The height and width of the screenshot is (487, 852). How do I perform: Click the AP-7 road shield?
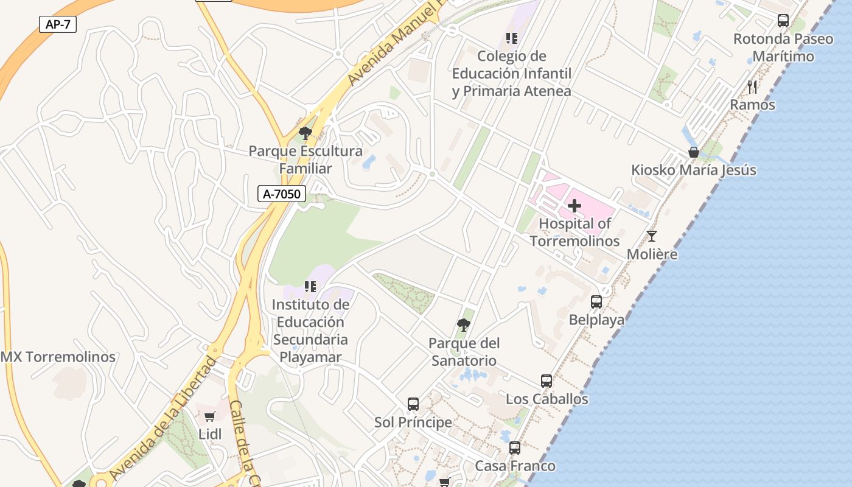pyautogui.click(x=58, y=25)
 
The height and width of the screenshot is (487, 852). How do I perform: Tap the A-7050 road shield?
pyautogui.click(x=281, y=194)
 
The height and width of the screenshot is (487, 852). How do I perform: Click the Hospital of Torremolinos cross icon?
pyautogui.click(x=574, y=206)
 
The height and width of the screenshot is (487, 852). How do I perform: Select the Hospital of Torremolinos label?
pyautogui.click(x=574, y=233)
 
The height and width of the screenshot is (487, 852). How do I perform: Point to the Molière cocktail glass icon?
pyautogui.click(x=652, y=236)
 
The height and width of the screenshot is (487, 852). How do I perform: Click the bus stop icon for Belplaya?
pyautogui.click(x=596, y=302)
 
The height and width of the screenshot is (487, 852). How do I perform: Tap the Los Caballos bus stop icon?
pyautogui.click(x=546, y=381)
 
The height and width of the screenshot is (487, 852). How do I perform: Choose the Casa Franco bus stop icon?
pyautogui.click(x=515, y=448)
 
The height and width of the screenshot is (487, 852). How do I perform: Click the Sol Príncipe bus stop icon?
pyautogui.click(x=413, y=404)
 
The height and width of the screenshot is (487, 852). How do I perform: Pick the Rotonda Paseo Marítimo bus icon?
pyautogui.click(x=783, y=21)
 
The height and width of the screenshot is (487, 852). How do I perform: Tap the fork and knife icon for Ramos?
pyautogui.click(x=752, y=87)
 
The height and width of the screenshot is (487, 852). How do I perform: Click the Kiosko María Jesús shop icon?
pyautogui.click(x=693, y=152)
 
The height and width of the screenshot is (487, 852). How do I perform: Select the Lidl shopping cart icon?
pyautogui.click(x=210, y=417)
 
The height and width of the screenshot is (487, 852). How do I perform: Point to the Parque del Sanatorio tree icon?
pyautogui.click(x=464, y=325)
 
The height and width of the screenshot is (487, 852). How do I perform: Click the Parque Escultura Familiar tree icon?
pyautogui.click(x=306, y=133)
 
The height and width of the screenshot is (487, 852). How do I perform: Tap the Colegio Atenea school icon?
pyautogui.click(x=512, y=38)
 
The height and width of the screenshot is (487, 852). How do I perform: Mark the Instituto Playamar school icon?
pyautogui.click(x=310, y=286)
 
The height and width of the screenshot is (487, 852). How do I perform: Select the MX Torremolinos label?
pyautogui.click(x=58, y=357)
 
